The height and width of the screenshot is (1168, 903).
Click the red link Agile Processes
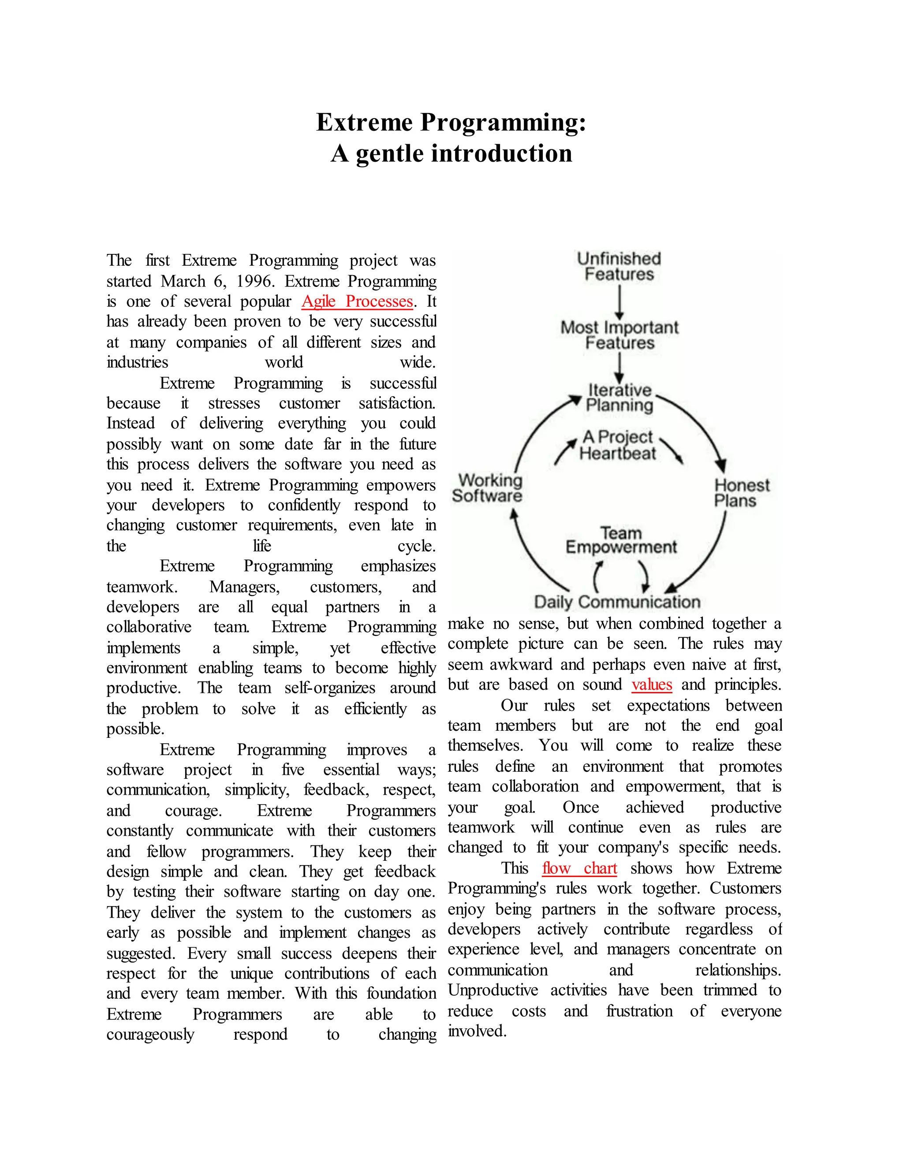pyautogui.click(x=357, y=301)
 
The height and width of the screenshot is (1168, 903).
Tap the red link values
pyautogui.click(x=652, y=685)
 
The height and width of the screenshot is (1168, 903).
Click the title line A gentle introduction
pyautogui.click(x=451, y=153)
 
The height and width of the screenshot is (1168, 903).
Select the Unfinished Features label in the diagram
pyautogui.click(x=619, y=266)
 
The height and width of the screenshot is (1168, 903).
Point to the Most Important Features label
pyautogui.click(x=619, y=335)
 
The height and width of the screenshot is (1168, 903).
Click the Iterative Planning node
pyautogui.click(x=619, y=398)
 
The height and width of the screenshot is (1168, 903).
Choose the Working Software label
pyautogui.click(x=487, y=488)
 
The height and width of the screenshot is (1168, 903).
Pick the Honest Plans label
pyautogui.click(x=742, y=493)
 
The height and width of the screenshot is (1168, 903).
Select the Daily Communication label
pyautogui.click(x=617, y=602)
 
